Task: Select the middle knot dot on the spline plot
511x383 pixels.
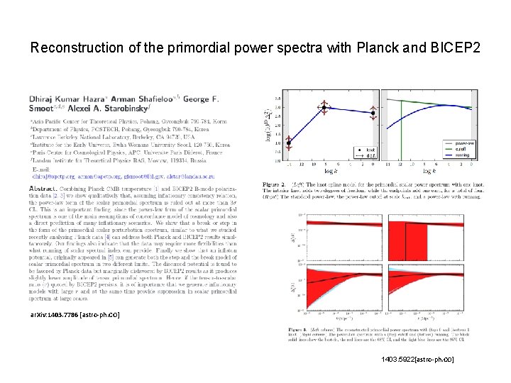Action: click(323, 108)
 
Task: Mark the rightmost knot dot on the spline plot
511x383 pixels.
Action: click(373, 113)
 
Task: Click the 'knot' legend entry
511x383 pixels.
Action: click(368, 150)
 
